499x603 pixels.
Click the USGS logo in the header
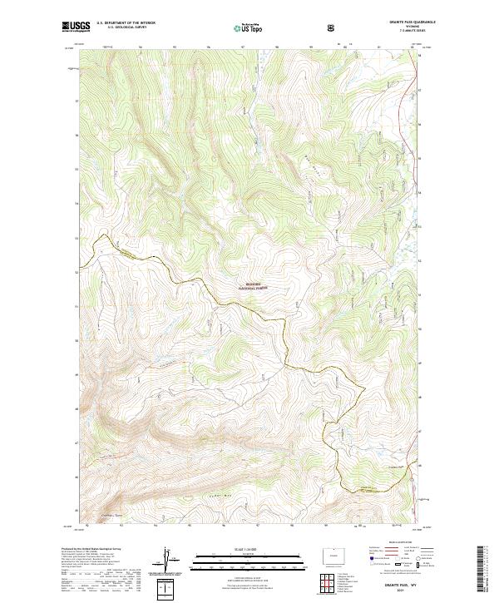[x=77, y=28]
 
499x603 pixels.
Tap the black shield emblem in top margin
[x=333, y=28]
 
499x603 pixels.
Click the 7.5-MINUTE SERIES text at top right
[x=401, y=33]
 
